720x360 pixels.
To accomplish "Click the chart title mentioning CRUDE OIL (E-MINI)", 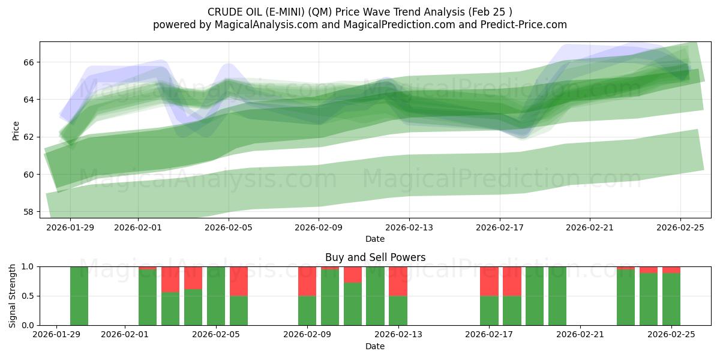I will (359, 11).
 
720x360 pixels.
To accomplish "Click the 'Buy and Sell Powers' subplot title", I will (375, 257).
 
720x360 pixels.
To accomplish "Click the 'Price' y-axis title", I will (16, 130).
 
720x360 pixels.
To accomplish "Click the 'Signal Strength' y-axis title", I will (13, 296).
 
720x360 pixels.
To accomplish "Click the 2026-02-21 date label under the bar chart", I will (580, 334).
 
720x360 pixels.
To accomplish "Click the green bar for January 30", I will (79, 296).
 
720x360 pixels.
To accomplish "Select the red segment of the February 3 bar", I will (170, 280).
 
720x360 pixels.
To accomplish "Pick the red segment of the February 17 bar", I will (489, 281).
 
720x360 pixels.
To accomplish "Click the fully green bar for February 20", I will (557, 296).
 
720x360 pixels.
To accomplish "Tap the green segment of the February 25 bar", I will (671, 299).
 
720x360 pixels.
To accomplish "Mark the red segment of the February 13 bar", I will (398, 281).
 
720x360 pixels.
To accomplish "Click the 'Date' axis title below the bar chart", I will (375, 346).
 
